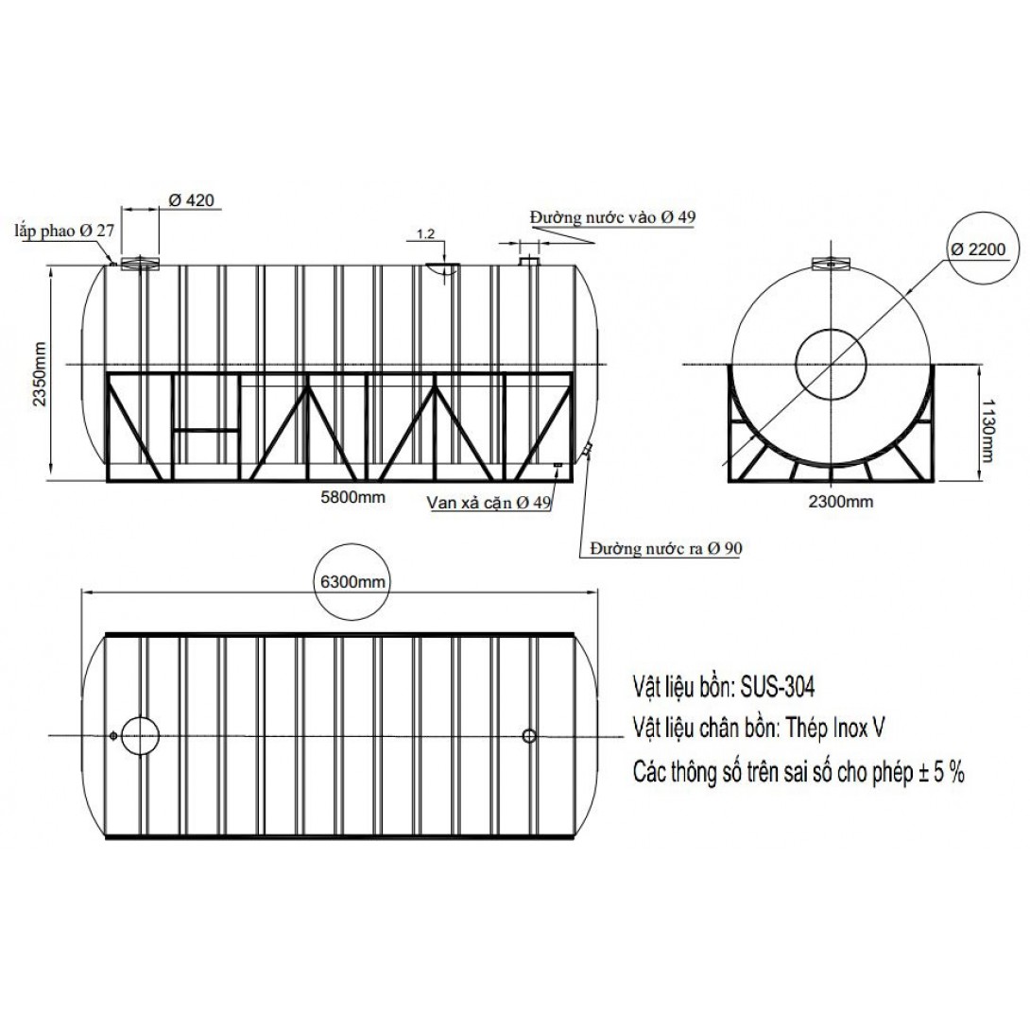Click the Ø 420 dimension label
point(191,199)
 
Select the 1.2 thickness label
point(425,233)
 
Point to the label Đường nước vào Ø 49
point(613,216)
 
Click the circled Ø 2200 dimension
point(978,249)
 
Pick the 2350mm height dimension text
point(41,374)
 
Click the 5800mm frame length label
point(352,497)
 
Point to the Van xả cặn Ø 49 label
point(489,503)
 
